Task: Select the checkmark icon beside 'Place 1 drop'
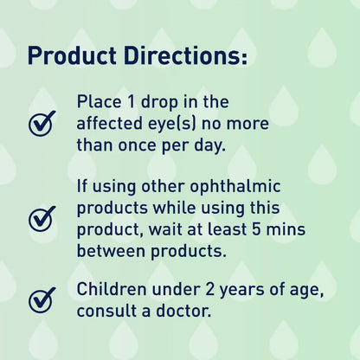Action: click(x=42, y=124)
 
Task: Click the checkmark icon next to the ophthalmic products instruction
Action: click(x=42, y=218)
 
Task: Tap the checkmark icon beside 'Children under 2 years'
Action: click(x=42, y=299)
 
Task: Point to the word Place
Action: click(x=99, y=101)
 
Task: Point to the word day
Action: click(x=208, y=146)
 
